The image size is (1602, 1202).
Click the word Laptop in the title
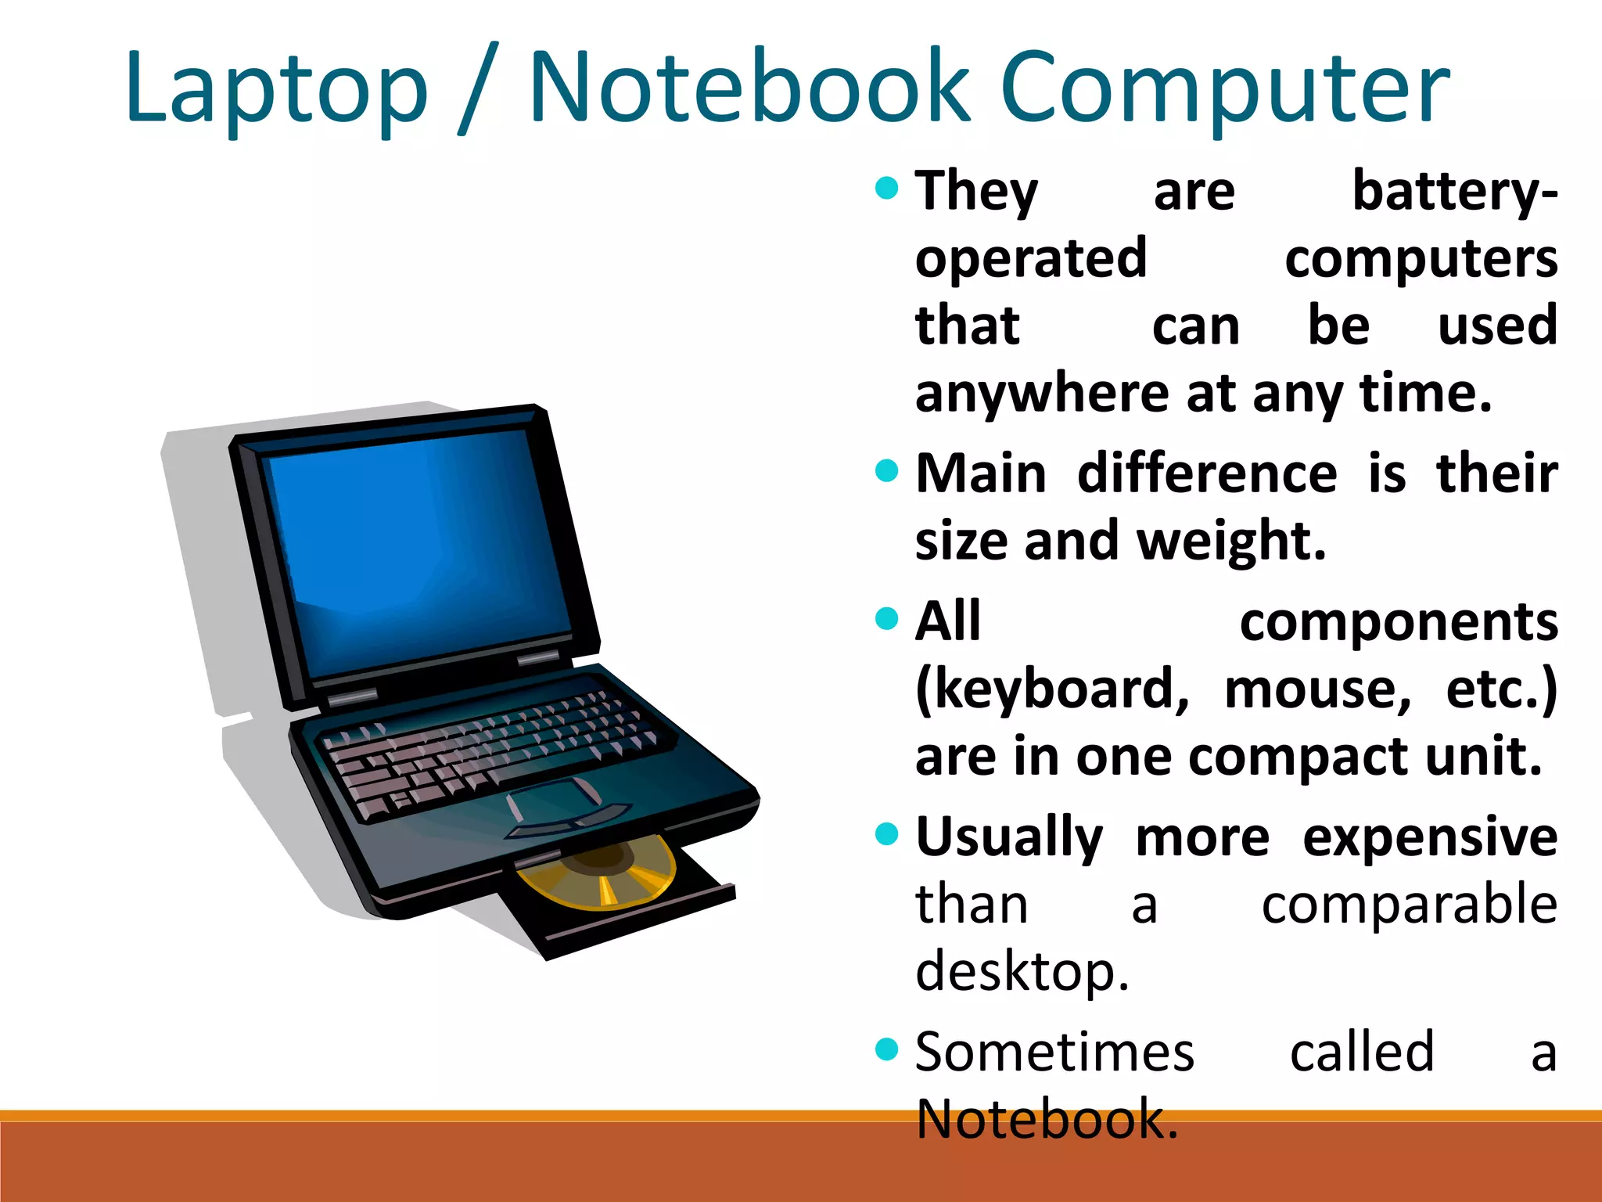coord(276,88)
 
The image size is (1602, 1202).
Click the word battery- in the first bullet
coord(1454,192)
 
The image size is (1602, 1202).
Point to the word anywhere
coord(1043,394)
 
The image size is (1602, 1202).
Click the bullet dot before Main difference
coord(886,471)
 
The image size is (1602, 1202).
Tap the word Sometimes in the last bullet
coord(1054,1053)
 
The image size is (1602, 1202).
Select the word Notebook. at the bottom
coord(1046,1120)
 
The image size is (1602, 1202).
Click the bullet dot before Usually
coord(886,833)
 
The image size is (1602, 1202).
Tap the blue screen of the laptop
coord(418,548)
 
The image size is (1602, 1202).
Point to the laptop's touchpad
coord(554,798)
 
